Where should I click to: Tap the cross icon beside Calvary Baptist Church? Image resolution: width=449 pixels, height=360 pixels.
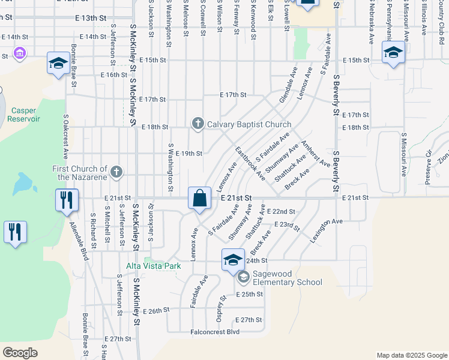point(198,124)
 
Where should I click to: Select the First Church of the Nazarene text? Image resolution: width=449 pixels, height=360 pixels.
point(79,173)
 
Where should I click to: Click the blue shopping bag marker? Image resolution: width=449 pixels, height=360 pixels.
point(199,199)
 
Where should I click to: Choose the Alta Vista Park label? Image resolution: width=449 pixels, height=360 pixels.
point(153,266)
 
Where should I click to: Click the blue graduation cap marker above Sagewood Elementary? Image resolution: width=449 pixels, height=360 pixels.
point(233,260)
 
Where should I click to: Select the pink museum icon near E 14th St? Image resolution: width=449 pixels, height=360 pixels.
point(20,55)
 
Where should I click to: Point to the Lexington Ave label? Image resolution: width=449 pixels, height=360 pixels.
point(326,229)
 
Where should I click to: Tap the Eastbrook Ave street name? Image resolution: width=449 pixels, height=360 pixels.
point(250,163)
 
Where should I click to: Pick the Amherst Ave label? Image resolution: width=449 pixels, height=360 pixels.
point(316,153)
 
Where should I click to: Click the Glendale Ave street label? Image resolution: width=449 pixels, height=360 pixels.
point(289,88)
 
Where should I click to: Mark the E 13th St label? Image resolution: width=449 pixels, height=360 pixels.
point(95,18)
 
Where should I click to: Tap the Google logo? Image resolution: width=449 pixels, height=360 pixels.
point(20,353)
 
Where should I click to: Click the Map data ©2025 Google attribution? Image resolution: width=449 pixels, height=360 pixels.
point(411,355)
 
